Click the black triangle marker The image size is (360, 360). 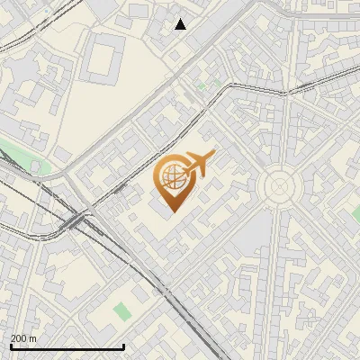point(181,24)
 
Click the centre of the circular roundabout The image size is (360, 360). point(279,187)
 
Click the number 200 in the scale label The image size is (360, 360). point(19,338)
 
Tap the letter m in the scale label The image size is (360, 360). point(33,338)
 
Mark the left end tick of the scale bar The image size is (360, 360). point(11,346)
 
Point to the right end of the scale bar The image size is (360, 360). point(123,346)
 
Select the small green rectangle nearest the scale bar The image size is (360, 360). point(121,310)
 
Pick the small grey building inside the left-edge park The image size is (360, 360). point(37,166)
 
